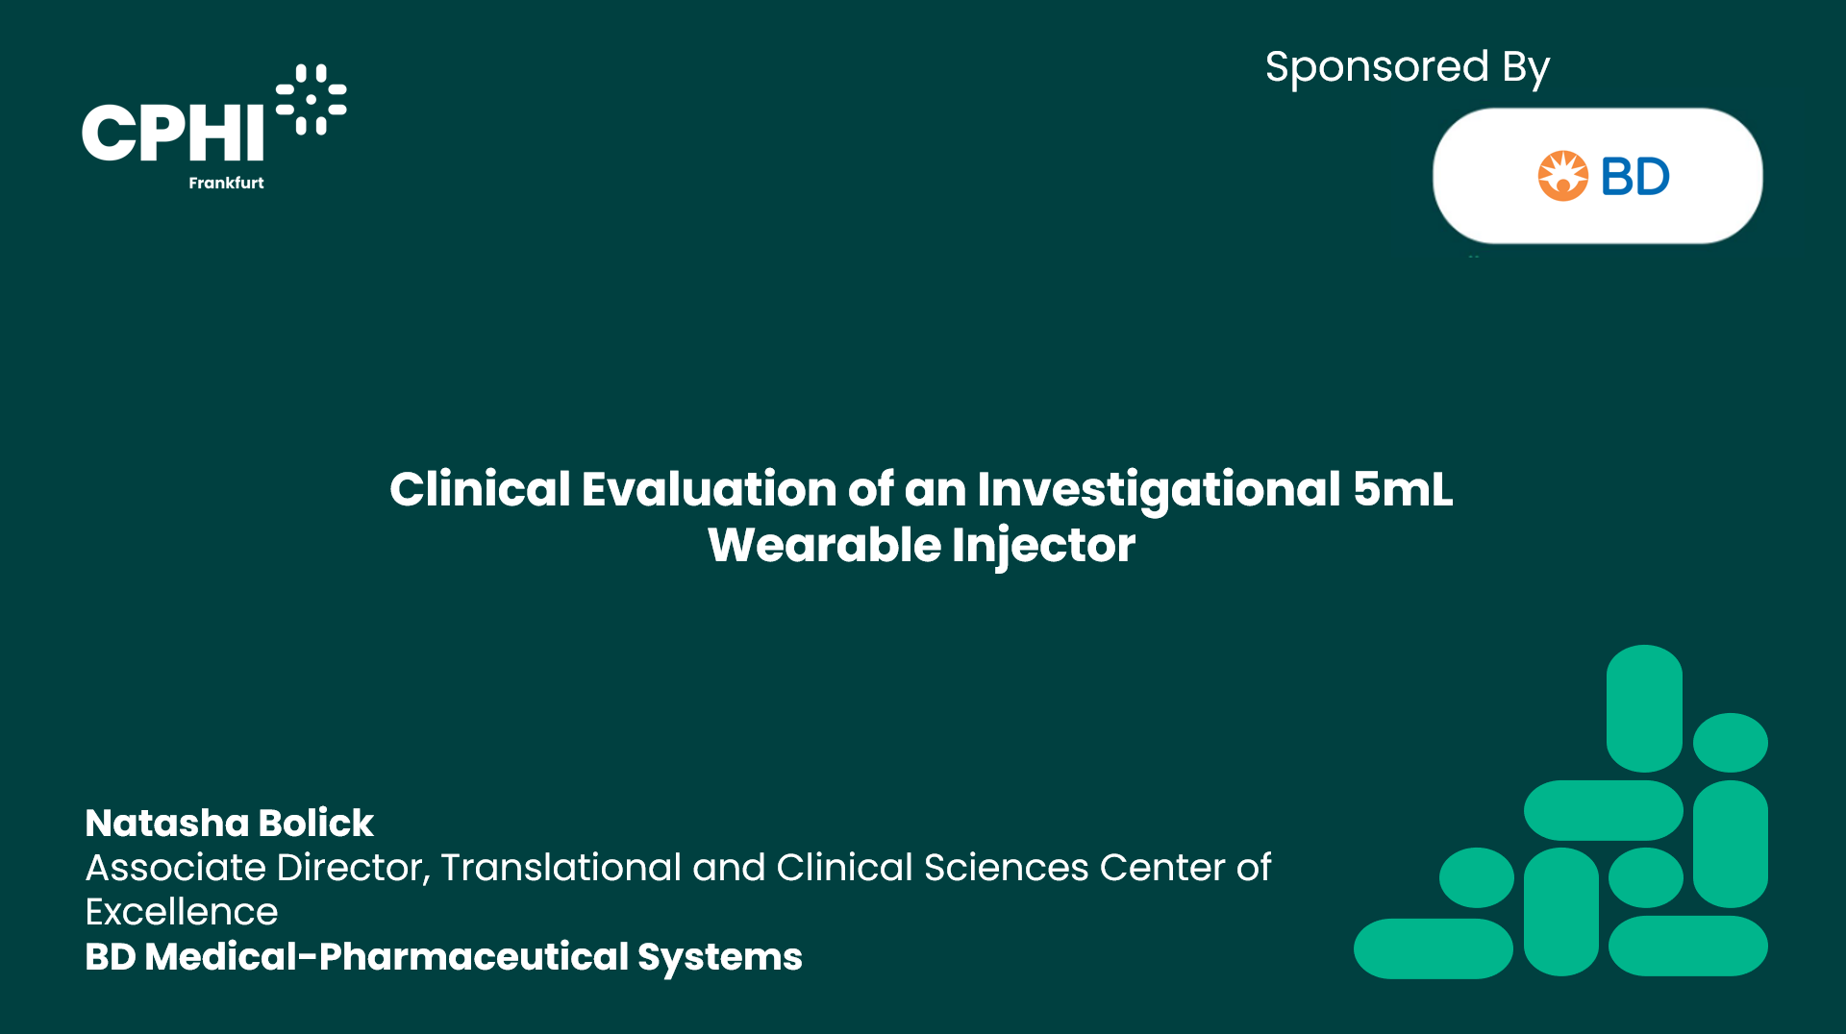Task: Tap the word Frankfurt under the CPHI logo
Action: pos(226,183)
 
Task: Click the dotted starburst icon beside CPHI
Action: pos(311,99)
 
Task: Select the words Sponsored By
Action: pos(1407,68)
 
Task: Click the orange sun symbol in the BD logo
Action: pos(1562,176)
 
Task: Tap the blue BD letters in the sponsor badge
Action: pos(1634,177)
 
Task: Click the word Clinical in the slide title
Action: pos(480,489)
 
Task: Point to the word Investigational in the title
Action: pos(1159,490)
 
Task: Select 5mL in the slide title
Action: pos(1403,489)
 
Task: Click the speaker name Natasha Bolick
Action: pos(229,823)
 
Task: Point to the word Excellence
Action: pos(182,911)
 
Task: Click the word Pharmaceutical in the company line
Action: pos(473,956)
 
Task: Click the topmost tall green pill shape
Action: pos(1644,708)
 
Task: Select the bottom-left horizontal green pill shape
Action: pos(1434,948)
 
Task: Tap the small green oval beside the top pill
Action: pos(1731,742)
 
